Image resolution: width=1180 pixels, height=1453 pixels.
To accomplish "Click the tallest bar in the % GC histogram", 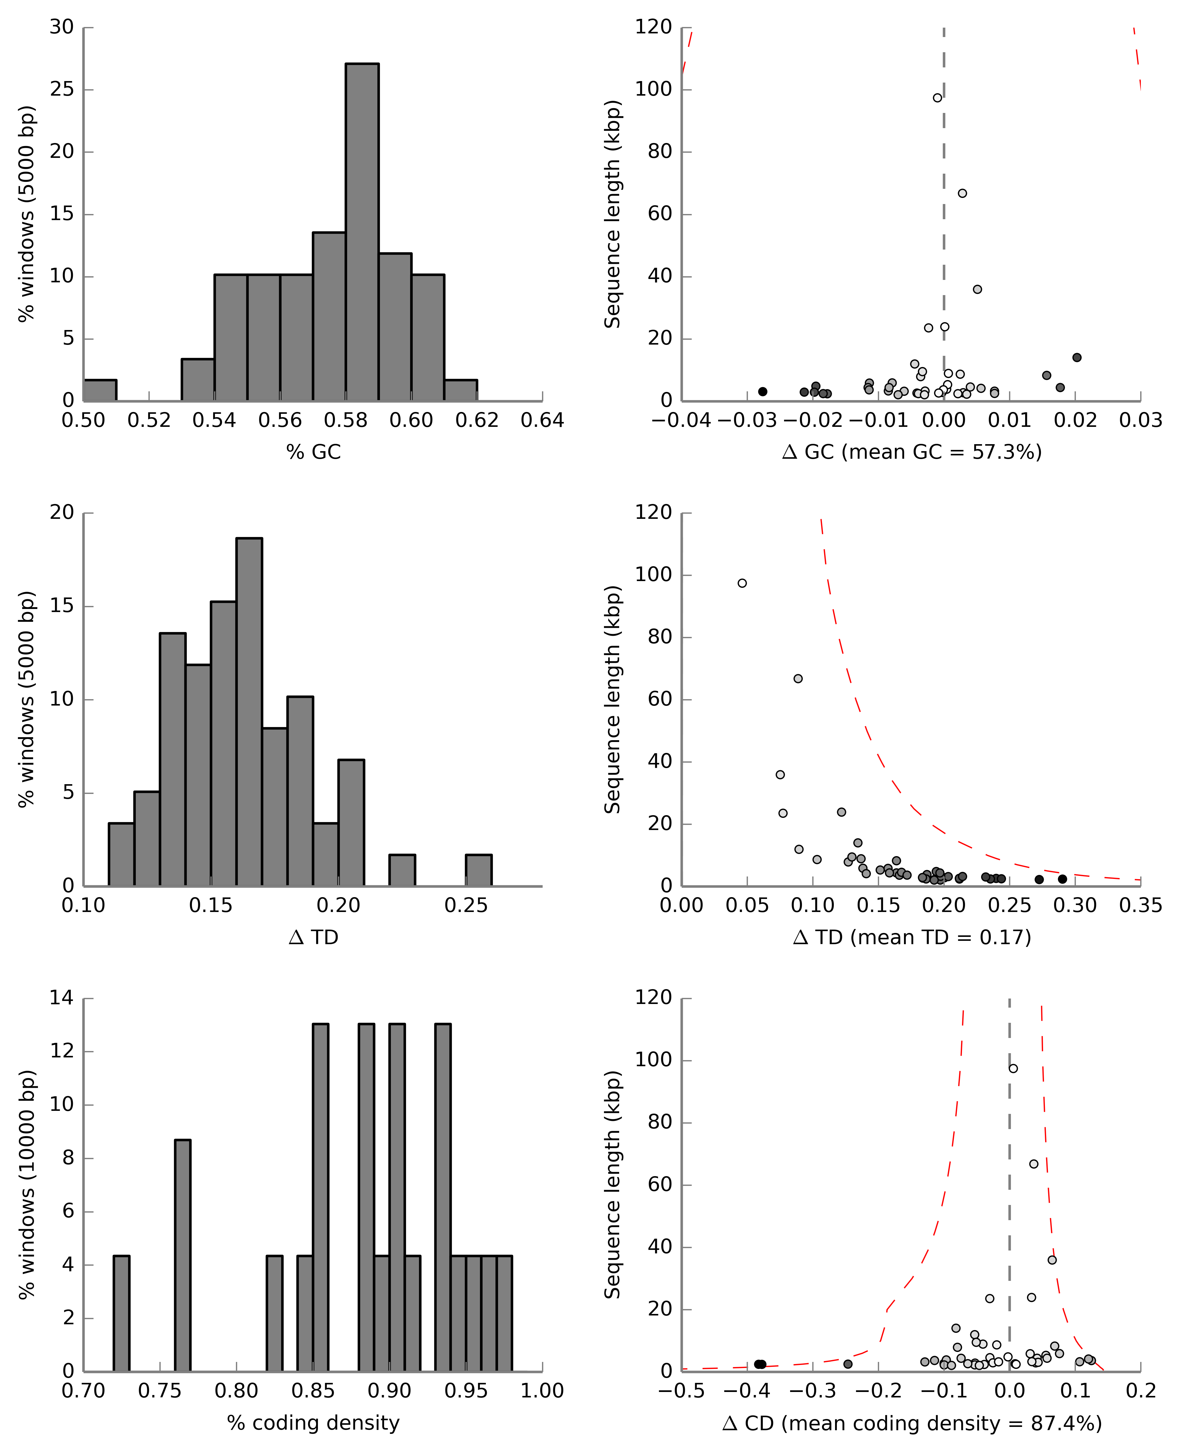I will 362,231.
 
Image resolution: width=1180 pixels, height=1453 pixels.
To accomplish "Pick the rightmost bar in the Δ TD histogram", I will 479,871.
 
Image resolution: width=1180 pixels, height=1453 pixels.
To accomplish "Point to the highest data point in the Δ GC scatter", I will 937,98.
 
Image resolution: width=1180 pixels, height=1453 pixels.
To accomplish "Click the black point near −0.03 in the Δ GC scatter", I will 763,391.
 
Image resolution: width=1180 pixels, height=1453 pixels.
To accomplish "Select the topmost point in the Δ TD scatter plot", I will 742,583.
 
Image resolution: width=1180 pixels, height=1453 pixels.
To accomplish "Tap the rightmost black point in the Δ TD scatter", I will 1062,879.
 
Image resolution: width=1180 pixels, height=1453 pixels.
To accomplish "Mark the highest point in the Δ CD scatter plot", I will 1014,1068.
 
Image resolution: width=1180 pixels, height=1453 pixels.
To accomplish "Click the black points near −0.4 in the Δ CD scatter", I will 760,1364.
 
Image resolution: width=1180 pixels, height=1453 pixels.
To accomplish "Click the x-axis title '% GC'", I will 313,452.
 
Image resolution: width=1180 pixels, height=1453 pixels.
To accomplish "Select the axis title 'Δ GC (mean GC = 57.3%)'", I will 912,452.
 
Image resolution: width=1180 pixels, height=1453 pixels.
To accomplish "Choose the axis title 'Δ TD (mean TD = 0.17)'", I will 912,937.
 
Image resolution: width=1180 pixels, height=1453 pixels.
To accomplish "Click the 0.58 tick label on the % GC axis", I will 345,421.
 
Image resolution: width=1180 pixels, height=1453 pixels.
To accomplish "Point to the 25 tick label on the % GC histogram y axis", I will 62,89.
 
